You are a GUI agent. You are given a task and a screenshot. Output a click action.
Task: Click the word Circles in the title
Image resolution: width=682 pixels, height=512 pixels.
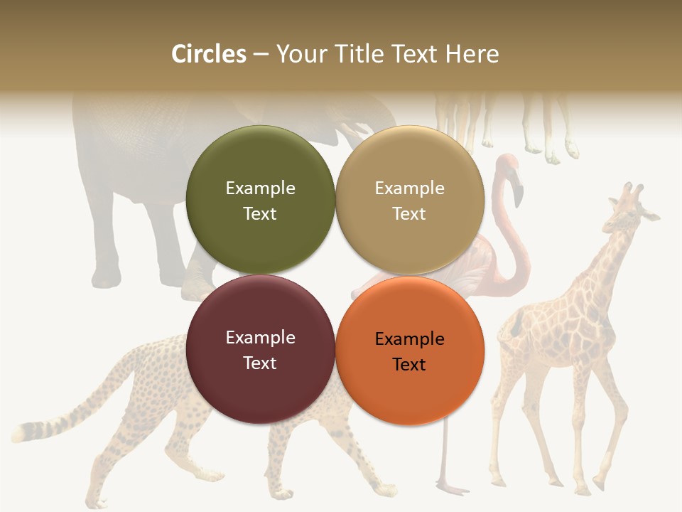pyautogui.click(x=209, y=54)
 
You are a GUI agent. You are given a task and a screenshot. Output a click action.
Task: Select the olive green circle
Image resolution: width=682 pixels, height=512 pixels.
pyautogui.click(x=260, y=200)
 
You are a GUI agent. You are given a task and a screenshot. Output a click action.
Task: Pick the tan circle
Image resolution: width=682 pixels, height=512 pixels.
pyautogui.click(x=410, y=200)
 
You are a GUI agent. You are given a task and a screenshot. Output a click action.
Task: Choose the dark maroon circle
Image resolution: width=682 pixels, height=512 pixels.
pyautogui.click(x=260, y=349)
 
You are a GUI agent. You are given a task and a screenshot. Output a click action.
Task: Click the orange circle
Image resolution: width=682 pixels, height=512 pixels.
pyautogui.click(x=410, y=351)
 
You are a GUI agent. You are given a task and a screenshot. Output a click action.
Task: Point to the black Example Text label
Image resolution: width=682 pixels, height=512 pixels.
pyautogui.click(x=410, y=351)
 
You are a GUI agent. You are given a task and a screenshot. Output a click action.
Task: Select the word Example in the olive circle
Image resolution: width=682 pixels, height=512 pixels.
pyautogui.click(x=260, y=188)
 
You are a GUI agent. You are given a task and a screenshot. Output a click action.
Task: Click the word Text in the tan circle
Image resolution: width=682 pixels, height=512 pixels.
pyautogui.click(x=409, y=213)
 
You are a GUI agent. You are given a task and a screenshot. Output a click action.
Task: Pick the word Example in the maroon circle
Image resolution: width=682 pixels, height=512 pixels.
pyautogui.click(x=260, y=337)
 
